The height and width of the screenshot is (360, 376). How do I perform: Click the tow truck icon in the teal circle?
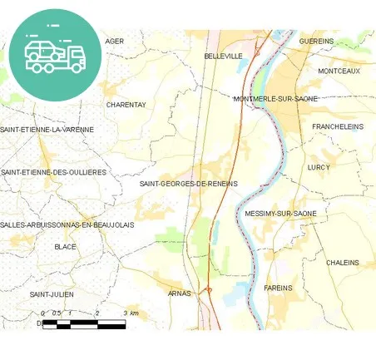click(x=55, y=55)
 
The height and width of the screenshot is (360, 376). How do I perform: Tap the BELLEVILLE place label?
click(x=223, y=56)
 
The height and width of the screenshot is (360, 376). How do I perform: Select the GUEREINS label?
click(x=316, y=41)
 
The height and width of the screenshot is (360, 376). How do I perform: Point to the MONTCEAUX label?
click(x=339, y=72)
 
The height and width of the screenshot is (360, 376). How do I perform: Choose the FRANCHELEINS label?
click(x=338, y=126)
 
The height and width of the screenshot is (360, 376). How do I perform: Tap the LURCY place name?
click(x=319, y=167)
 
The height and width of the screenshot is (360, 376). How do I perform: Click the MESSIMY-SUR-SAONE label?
click(x=281, y=214)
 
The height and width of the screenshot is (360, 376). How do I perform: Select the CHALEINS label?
click(x=343, y=263)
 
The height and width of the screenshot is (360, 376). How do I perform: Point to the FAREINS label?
click(x=278, y=288)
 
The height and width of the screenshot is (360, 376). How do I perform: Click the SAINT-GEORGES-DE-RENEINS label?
click(x=189, y=183)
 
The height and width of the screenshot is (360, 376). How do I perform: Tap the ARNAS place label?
click(x=179, y=293)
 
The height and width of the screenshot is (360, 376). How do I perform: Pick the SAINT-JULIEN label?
click(x=52, y=294)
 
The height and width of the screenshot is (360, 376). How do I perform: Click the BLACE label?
click(x=65, y=247)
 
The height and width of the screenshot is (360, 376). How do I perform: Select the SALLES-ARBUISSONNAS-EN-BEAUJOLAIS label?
click(x=67, y=224)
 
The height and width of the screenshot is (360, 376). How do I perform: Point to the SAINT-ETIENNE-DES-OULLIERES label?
click(x=54, y=172)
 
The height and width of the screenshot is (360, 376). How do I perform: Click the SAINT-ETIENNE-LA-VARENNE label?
click(x=47, y=130)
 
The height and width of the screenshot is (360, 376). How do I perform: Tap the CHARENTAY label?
click(x=126, y=105)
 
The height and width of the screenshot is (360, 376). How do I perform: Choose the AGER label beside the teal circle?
click(x=115, y=41)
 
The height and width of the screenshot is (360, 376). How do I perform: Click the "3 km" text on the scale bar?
click(x=131, y=313)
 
